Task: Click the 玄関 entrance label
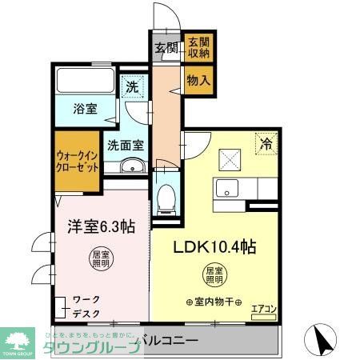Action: pyautogui.click(x=166, y=47)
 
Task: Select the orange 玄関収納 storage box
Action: pyautogui.click(x=198, y=47)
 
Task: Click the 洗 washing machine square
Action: pyautogui.click(x=130, y=86)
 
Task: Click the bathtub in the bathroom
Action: pyautogui.click(x=86, y=81)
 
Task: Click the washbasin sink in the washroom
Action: pyautogui.click(x=131, y=166)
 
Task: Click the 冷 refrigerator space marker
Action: pyautogui.click(x=266, y=145)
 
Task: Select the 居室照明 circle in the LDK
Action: pyautogui.click(x=214, y=275)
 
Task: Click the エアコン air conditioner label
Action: pyautogui.click(x=263, y=307)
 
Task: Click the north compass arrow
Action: pyautogui.click(x=325, y=342)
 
